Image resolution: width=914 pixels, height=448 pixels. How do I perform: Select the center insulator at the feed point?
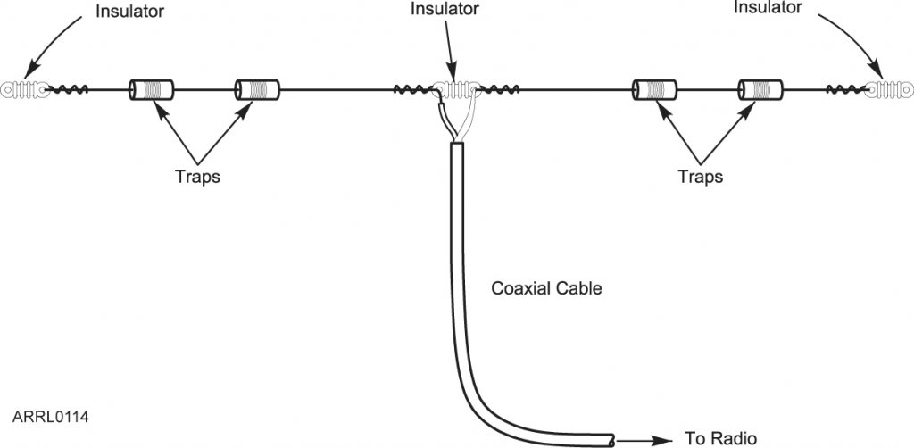(x=456, y=89)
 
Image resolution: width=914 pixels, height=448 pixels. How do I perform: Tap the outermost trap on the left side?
(x=150, y=89)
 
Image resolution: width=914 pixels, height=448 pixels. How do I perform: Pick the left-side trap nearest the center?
(x=257, y=89)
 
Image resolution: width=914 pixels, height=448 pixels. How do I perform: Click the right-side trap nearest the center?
(x=654, y=89)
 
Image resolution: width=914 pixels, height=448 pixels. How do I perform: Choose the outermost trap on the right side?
(x=760, y=89)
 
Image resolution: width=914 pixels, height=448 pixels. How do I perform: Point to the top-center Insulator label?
(x=444, y=9)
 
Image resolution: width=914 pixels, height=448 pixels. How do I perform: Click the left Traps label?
(x=197, y=176)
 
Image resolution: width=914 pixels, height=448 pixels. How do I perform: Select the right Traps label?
(x=700, y=176)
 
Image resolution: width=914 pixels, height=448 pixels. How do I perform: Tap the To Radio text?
(x=721, y=438)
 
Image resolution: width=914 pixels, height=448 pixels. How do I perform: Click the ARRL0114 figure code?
(x=51, y=417)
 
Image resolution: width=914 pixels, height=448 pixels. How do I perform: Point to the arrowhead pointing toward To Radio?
(x=665, y=439)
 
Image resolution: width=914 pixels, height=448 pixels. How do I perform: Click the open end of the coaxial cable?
(x=610, y=439)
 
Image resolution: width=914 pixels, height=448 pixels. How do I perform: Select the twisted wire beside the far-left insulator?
(x=68, y=89)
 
